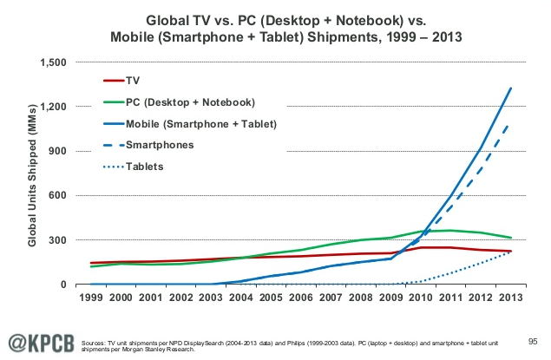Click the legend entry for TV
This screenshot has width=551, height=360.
(121, 81)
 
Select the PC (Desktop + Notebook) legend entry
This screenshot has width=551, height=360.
(180, 102)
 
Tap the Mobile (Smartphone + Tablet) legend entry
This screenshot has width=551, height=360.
(190, 124)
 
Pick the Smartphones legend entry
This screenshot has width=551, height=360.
(148, 145)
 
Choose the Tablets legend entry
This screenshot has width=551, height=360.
(134, 167)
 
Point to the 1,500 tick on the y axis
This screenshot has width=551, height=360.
(53, 62)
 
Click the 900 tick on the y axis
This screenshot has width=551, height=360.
(57, 151)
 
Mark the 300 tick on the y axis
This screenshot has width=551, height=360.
(57, 240)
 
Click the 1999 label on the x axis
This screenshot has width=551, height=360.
(91, 298)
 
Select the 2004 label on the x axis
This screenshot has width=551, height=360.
(241, 298)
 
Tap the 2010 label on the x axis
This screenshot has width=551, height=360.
(421, 298)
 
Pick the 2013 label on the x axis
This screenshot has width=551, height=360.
(511, 298)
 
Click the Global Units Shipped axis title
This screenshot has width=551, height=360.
(32, 175)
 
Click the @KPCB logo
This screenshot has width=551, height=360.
(42, 344)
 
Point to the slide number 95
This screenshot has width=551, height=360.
(533, 342)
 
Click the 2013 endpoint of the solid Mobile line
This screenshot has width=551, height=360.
(510, 88)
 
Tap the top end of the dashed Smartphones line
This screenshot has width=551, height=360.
(508, 126)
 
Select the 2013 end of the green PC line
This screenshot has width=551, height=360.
(510, 238)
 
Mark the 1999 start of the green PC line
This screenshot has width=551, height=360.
(91, 266)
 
